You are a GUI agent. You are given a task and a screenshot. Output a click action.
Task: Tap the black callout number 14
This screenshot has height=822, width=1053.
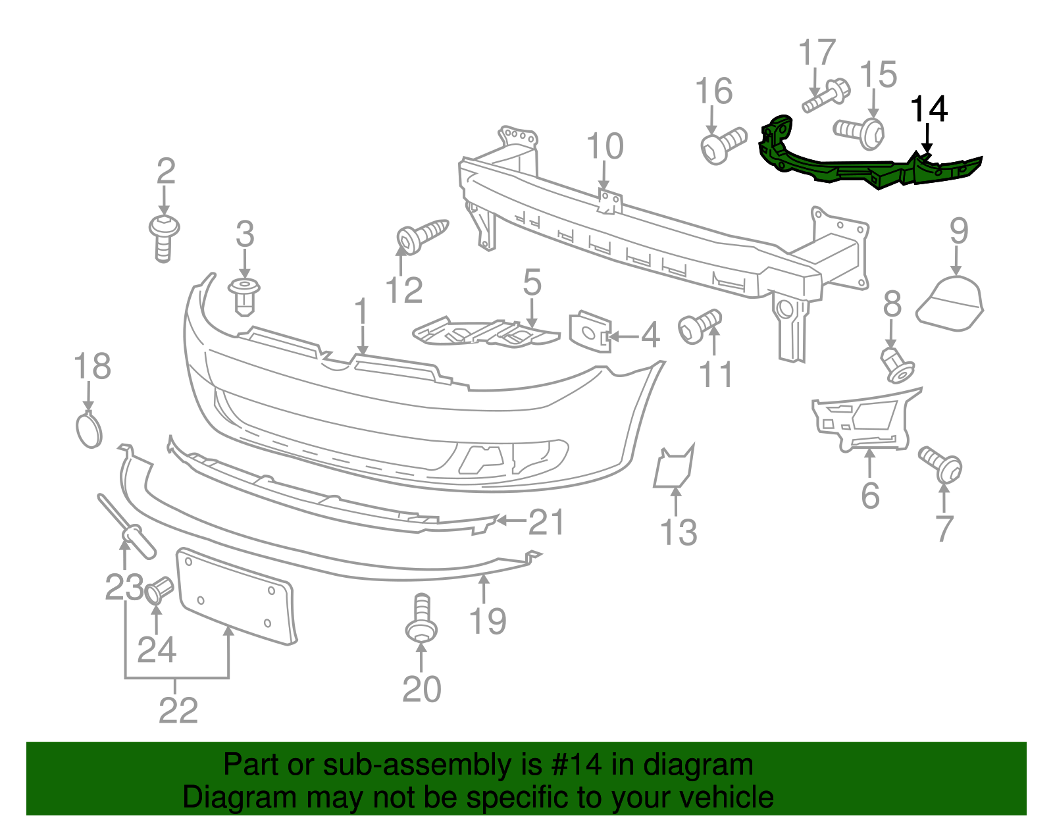[929, 109]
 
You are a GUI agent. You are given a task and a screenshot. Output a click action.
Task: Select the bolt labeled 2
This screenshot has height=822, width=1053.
[164, 237]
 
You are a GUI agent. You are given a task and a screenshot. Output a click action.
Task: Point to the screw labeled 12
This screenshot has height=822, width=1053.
[421, 234]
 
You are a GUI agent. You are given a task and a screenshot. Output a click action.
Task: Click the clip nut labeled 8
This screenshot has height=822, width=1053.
[897, 366]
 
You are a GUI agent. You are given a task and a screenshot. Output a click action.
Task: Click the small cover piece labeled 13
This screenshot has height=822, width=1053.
[673, 467]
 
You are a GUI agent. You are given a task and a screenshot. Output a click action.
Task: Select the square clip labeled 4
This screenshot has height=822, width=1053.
[590, 332]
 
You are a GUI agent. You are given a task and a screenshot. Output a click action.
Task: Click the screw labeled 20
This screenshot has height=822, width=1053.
[421, 619]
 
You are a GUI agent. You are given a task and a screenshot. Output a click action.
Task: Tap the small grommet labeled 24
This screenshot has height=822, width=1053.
[158, 590]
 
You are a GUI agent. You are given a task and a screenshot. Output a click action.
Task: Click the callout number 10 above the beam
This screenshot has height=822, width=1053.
[604, 147]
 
